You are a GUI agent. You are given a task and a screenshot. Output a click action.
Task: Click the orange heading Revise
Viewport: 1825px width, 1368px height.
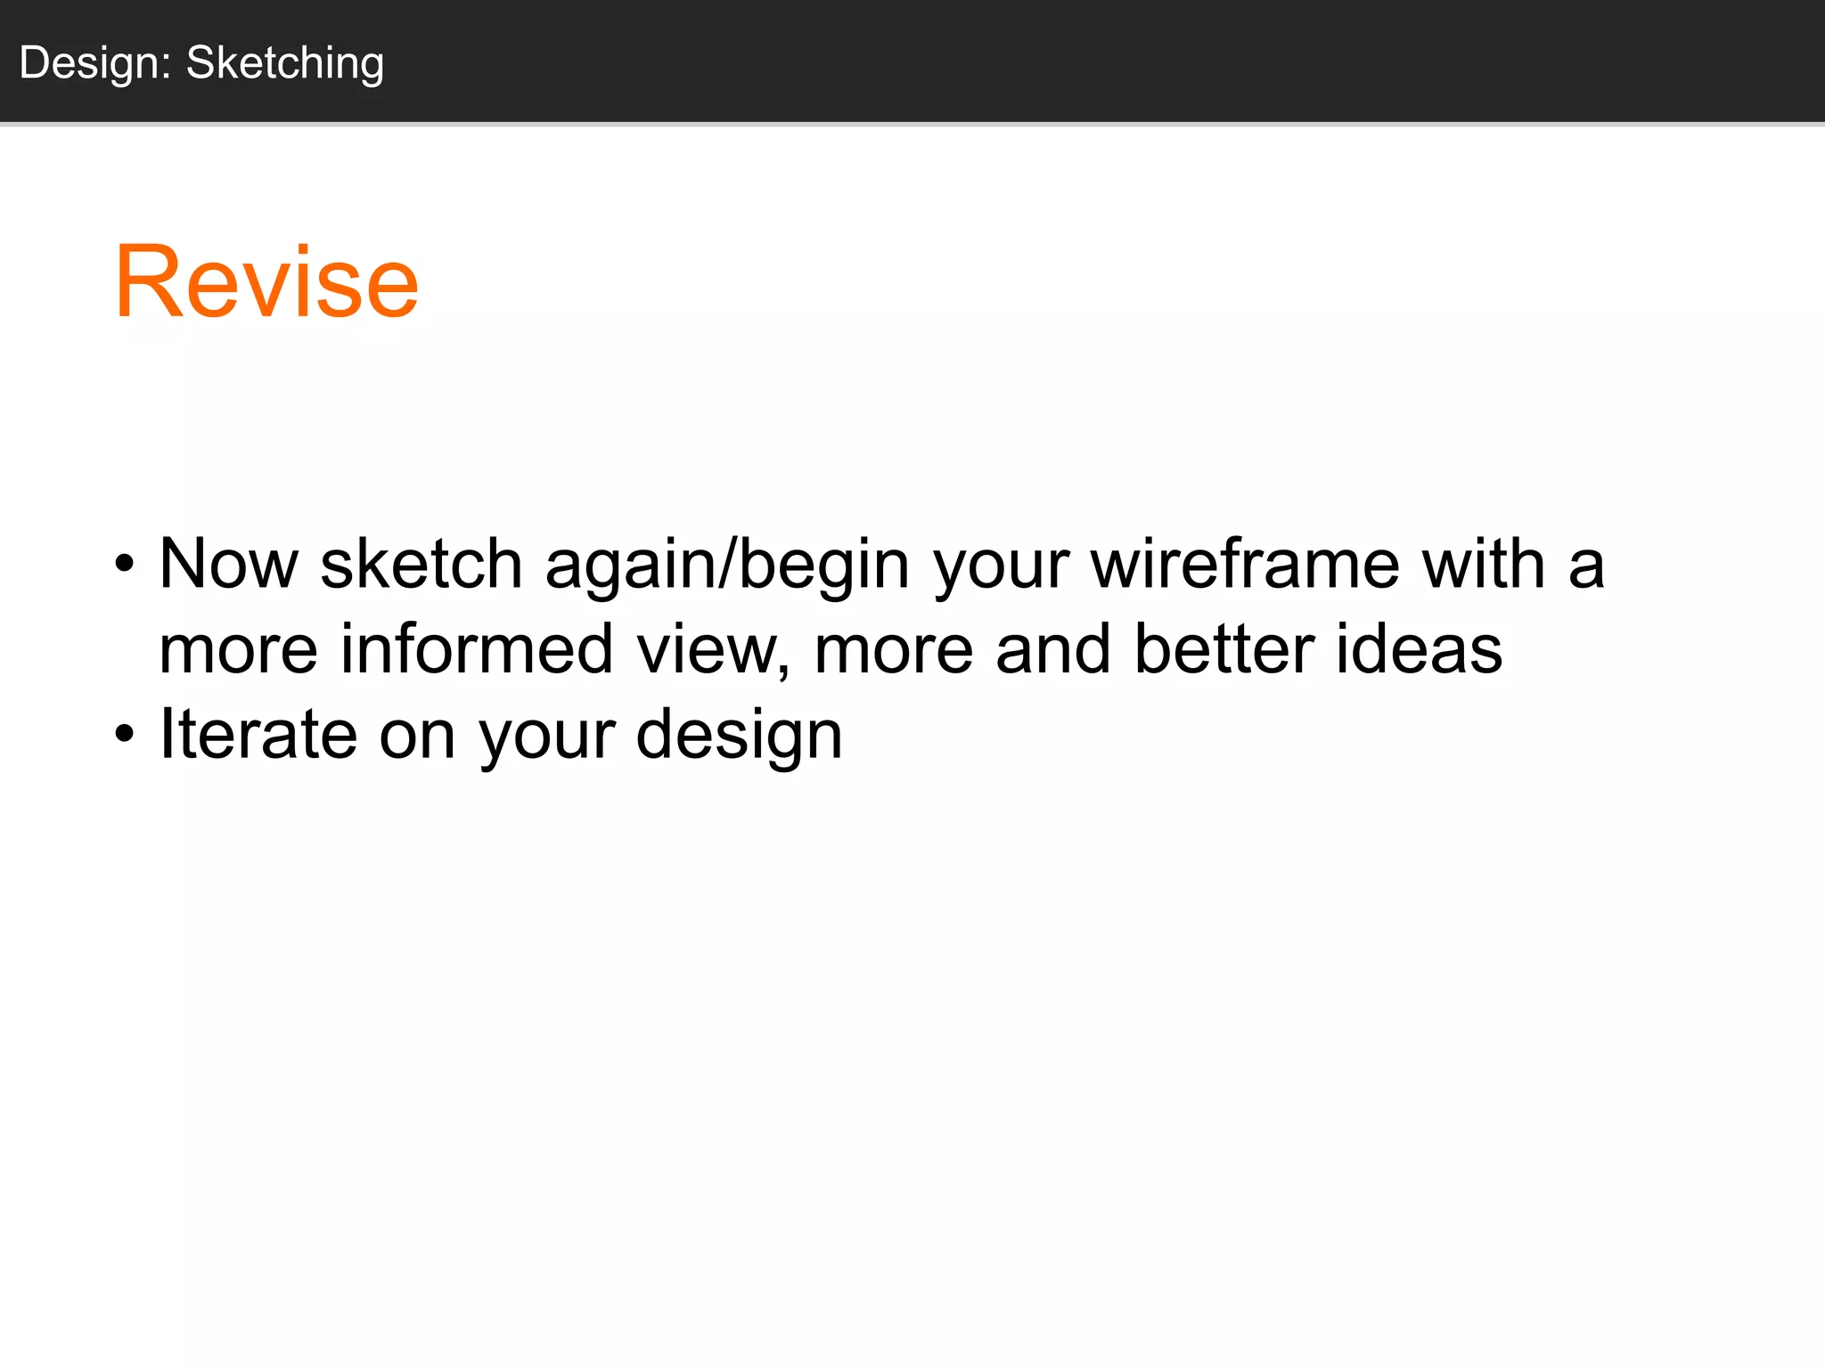click(x=266, y=282)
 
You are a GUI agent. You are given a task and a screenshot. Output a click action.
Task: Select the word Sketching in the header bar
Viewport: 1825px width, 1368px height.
click(x=285, y=64)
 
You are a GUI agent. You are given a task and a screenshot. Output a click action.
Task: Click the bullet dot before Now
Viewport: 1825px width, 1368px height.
click(x=125, y=564)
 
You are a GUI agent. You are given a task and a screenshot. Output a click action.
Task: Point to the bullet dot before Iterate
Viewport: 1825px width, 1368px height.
click(x=125, y=735)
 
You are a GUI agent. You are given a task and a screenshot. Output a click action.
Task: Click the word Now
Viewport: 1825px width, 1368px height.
click(x=228, y=564)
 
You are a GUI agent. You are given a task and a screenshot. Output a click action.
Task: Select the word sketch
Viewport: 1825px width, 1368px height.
click(x=421, y=564)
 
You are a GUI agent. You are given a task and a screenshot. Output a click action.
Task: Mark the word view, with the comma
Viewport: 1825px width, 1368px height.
click(x=713, y=650)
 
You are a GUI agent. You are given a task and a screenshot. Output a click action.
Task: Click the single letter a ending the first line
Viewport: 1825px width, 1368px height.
click(x=1586, y=566)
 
